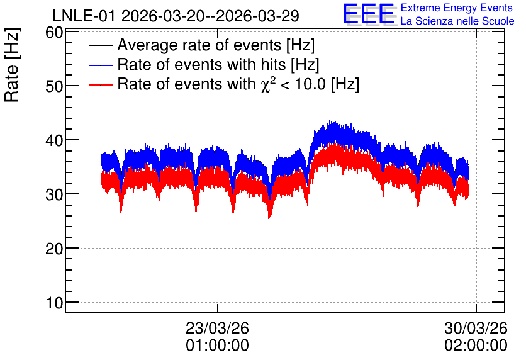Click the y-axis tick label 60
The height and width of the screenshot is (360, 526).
pyautogui.click(x=54, y=33)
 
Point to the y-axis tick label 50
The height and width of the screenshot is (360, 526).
pyautogui.click(x=54, y=87)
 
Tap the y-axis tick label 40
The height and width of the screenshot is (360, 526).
pyautogui.click(x=54, y=140)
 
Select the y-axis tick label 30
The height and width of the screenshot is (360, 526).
pyautogui.click(x=54, y=194)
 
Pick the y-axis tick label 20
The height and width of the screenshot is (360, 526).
pyautogui.click(x=54, y=249)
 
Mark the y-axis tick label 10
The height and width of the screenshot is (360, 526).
pyautogui.click(x=54, y=303)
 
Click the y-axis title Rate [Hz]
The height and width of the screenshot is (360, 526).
pyautogui.click(x=12, y=65)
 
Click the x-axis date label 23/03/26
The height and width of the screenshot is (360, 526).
pyautogui.click(x=217, y=328)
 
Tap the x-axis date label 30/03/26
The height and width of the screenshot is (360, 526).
pyautogui.click(x=476, y=328)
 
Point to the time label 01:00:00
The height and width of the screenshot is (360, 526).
pyautogui.click(x=217, y=346)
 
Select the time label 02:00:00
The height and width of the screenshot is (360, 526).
pyautogui.click(x=476, y=346)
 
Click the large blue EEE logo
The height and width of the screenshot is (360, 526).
pyautogui.click(x=369, y=14)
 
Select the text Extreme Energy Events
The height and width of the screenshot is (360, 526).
pyautogui.click(x=457, y=8)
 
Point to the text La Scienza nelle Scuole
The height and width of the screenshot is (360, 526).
pyautogui.click(x=457, y=21)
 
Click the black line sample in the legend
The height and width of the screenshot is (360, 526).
pyautogui.click(x=101, y=45)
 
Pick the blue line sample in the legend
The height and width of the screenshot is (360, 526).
pyautogui.click(x=101, y=65)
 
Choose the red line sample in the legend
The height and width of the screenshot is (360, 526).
pyautogui.click(x=101, y=84)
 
